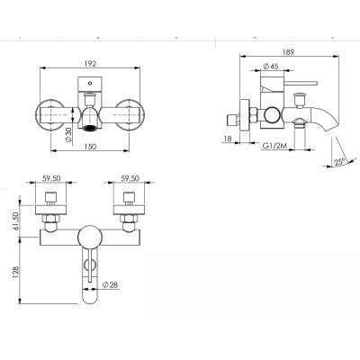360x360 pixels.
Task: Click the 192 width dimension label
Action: click(x=90, y=64)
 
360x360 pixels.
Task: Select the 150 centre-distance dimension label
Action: click(x=90, y=147)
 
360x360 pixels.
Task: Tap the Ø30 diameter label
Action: click(x=68, y=135)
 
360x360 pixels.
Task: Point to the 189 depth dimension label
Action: click(x=288, y=52)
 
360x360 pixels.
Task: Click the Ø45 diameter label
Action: click(x=271, y=67)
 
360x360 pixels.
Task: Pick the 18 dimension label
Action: click(x=228, y=139)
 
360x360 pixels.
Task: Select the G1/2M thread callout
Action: click(x=275, y=146)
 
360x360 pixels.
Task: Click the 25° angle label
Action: click(x=340, y=162)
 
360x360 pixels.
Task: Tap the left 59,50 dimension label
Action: click(x=51, y=178)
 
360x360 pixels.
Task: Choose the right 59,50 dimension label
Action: click(x=130, y=178)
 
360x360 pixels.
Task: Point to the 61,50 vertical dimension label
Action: click(x=16, y=221)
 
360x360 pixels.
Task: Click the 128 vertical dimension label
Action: click(x=16, y=272)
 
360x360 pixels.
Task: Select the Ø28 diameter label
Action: click(x=110, y=284)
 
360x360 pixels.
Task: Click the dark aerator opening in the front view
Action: click(x=90, y=128)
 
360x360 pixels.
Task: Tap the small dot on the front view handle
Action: click(x=90, y=84)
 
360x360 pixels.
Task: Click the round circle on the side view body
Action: click(x=272, y=115)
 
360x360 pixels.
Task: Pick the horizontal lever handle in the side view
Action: click(x=301, y=83)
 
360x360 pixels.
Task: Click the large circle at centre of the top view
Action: click(x=90, y=237)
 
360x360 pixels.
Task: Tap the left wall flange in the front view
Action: click(x=50, y=115)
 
